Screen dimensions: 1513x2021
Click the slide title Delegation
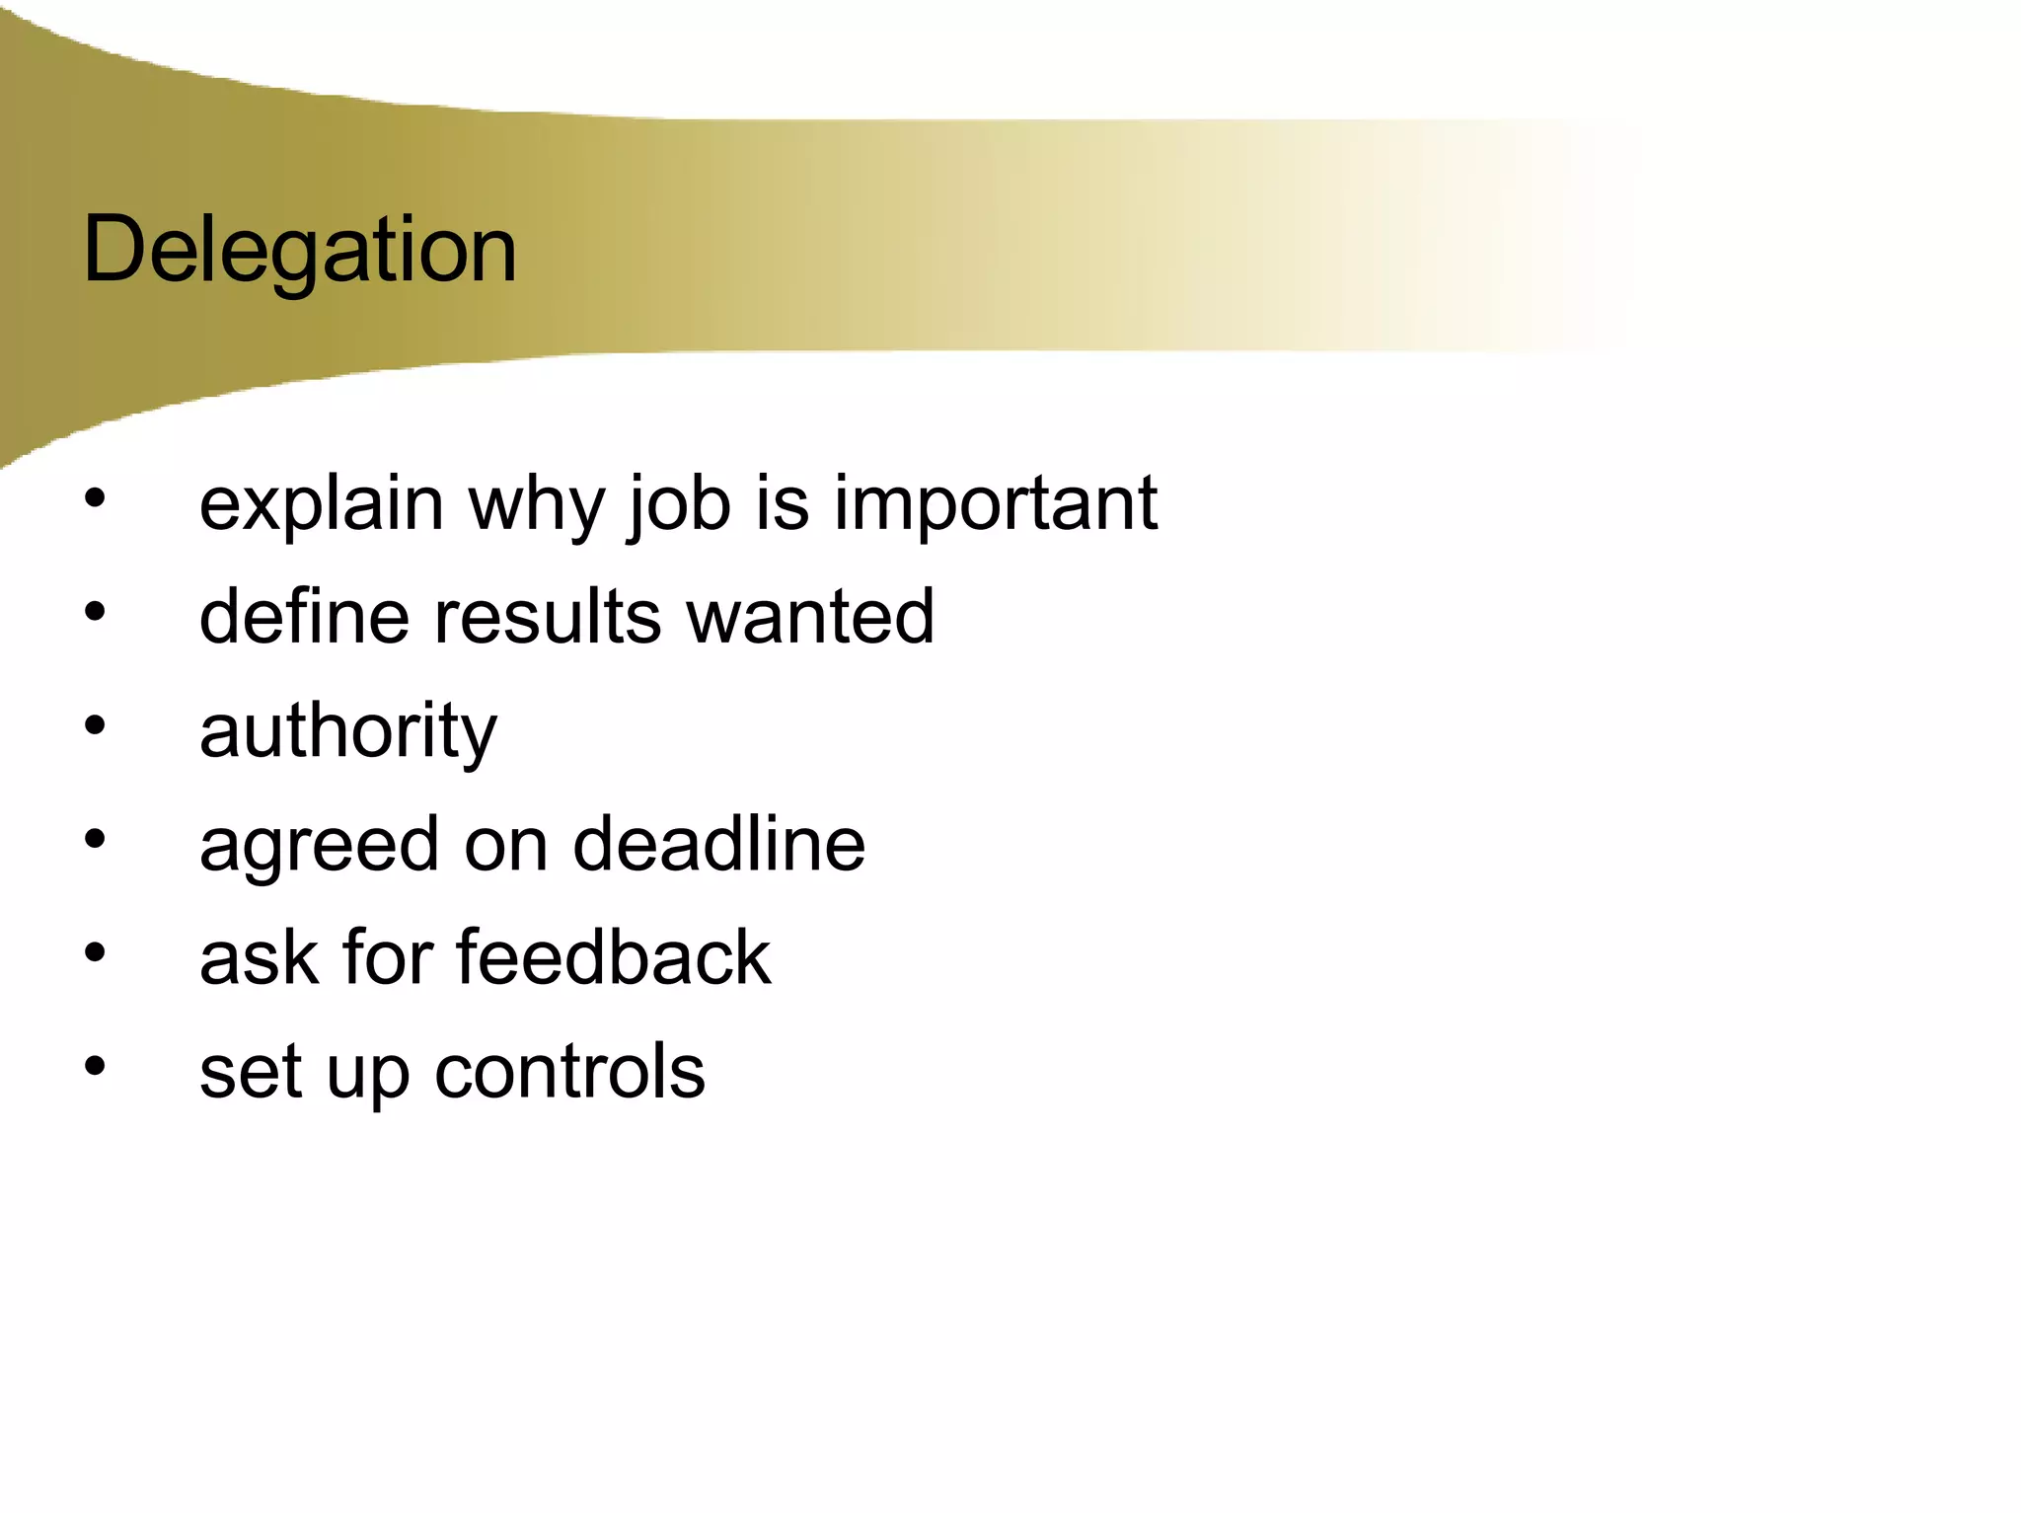coord(300,251)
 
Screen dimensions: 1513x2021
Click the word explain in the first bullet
coord(321,505)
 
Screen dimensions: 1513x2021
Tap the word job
coord(679,505)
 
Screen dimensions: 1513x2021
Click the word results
coord(548,617)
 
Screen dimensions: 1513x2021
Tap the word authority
coord(348,732)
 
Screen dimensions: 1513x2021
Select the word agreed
coord(319,846)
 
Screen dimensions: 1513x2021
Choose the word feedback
coord(613,957)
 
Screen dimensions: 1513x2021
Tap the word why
coord(536,505)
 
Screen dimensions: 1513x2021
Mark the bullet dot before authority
coord(95,726)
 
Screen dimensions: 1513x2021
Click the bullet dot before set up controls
coord(95,1067)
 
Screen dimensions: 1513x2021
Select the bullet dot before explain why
coord(95,498)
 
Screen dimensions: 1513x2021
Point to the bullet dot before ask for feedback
coord(95,953)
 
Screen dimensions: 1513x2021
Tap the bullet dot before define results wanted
coord(95,613)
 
